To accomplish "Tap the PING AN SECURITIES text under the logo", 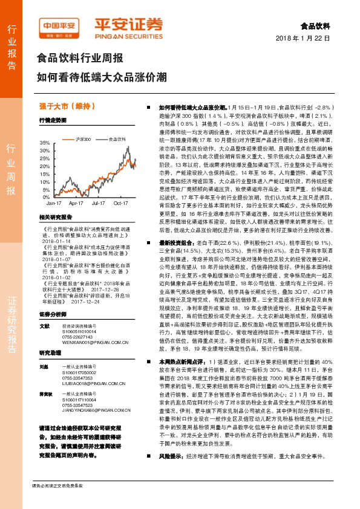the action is point(128,34).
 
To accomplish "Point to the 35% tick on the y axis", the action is point(45,142).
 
